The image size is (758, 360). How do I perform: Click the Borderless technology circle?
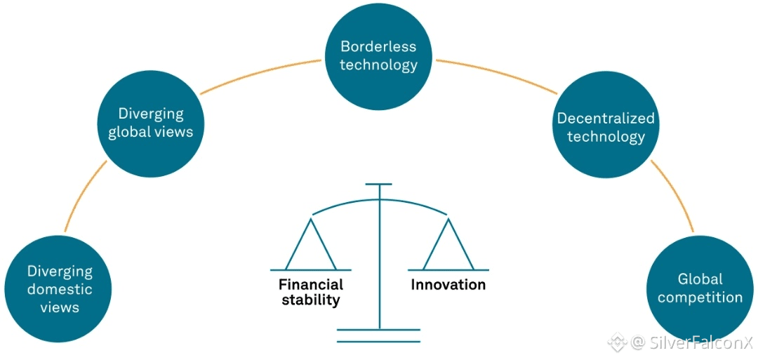pyautogui.click(x=379, y=56)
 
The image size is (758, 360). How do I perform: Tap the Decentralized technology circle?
pyautogui.click(x=606, y=127)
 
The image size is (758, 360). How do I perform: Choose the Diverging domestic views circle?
pyautogui.click(x=60, y=288)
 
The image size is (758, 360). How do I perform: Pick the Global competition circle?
pyautogui.click(x=700, y=288)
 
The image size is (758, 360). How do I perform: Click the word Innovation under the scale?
pyautogui.click(x=448, y=285)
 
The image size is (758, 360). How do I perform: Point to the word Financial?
pyautogui.click(x=310, y=285)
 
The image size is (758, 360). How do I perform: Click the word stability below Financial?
pyautogui.click(x=310, y=300)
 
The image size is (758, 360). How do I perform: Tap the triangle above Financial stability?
pyautogui.click(x=310, y=246)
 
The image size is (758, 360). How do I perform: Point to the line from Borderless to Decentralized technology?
pyautogui.click(x=496, y=74)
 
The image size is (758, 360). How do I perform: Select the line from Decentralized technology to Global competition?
pyautogui.click(x=674, y=196)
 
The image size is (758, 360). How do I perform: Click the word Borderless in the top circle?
pyautogui.click(x=378, y=47)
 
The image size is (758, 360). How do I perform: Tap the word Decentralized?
pyautogui.click(x=606, y=118)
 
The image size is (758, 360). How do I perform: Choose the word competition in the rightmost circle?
pyautogui.click(x=700, y=298)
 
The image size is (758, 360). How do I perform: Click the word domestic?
pyautogui.click(x=60, y=288)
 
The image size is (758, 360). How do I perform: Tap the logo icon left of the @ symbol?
pyautogui.click(x=618, y=343)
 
